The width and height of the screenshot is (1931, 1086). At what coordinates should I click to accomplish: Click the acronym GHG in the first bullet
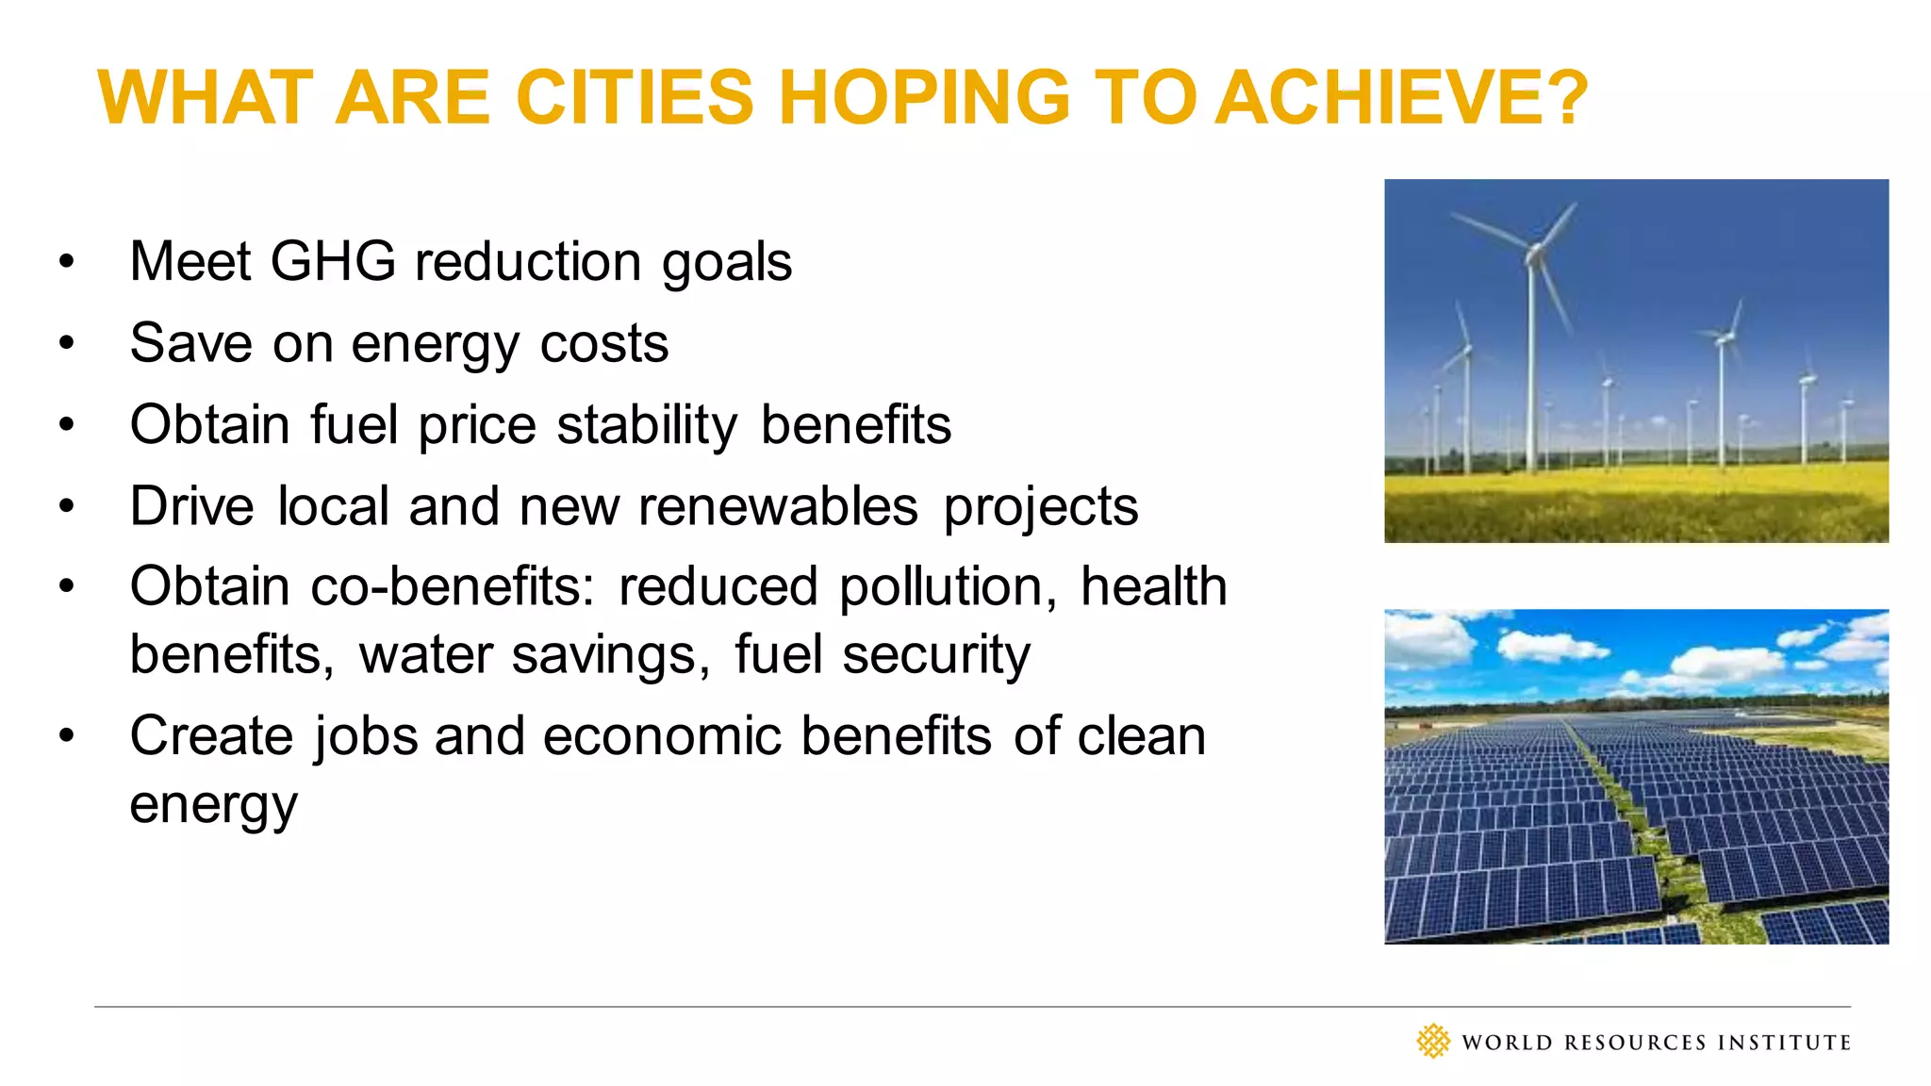tap(333, 261)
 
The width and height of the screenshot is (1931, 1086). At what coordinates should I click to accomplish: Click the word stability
tap(647, 425)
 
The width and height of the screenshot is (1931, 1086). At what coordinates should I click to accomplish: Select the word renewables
tap(778, 506)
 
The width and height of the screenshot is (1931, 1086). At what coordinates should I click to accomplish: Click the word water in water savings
tap(425, 655)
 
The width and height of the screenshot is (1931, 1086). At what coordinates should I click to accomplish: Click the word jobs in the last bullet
tap(367, 736)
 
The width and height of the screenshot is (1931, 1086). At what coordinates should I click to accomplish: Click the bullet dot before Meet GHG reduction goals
tap(65, 261)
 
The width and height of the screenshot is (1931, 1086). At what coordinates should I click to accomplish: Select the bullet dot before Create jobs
tap(65, 736)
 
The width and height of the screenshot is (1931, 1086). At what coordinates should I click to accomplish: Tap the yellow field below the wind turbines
tap(1636, 504)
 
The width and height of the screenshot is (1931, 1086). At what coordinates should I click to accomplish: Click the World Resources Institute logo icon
tap(1433, 1042)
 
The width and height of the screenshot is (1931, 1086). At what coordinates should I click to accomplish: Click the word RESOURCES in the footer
tap(1635, 1043)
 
